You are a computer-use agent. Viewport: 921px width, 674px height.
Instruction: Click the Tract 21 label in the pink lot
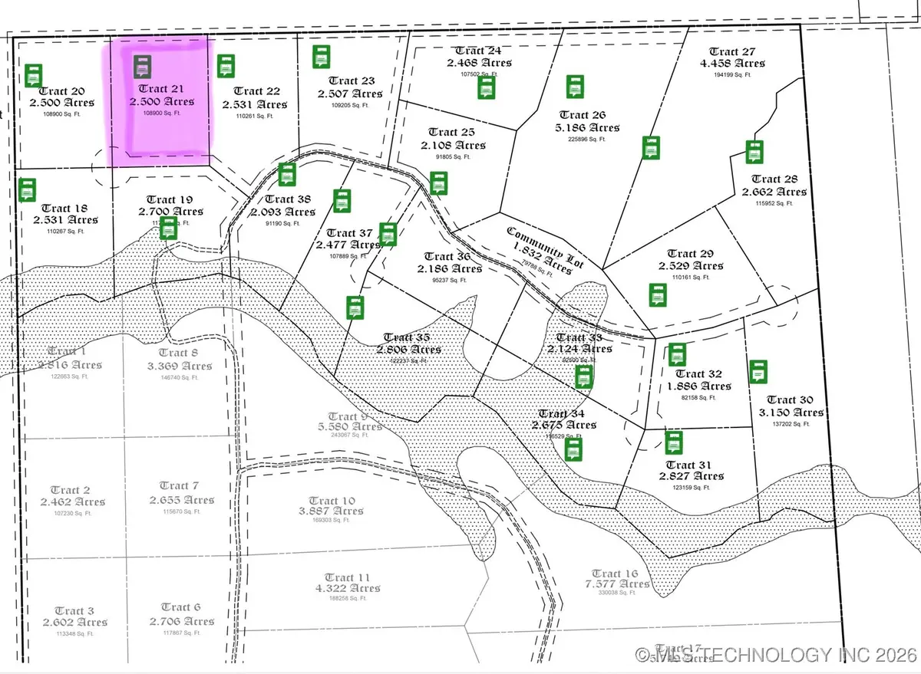click(x=160, y=88)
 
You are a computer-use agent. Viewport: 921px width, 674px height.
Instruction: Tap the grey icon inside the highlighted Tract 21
click(x=143, y=67)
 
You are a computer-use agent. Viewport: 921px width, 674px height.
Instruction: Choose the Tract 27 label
click(x=730, y=51)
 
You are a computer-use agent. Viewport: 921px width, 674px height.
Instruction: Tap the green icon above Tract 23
click(x=322, y=57)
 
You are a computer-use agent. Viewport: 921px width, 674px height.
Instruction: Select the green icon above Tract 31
click(x=674, y=443)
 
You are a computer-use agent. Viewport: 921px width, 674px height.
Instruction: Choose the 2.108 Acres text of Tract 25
click(x=453, y=145)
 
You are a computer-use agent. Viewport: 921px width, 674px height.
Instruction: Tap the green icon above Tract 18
click(x=28, y=189)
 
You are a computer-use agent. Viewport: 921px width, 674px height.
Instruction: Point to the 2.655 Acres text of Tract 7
click(x=182, y=499)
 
